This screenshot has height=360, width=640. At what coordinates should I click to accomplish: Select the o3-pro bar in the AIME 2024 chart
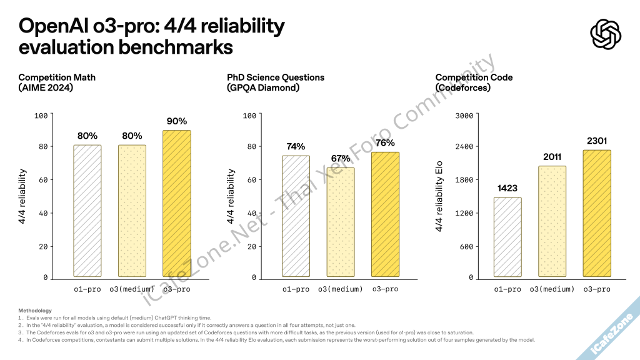point(176,203)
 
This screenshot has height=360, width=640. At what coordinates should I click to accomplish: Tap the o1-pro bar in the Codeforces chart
point(507,237)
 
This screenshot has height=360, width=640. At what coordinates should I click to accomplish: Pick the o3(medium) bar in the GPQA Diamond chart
point(340,222)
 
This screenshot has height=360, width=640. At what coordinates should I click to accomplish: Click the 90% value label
point(176,121)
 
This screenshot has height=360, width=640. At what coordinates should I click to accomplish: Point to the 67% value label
point(340,159)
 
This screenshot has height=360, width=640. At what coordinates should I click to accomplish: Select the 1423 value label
point(507,188)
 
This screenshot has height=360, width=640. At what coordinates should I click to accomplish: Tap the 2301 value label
point(596,141)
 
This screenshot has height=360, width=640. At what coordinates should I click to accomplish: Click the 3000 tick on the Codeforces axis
point(468,115)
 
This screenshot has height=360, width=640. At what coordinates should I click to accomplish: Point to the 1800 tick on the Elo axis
point(468,180)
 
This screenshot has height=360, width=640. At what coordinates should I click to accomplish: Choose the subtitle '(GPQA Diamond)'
point(263,88)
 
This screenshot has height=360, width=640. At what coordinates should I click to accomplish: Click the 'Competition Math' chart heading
point(57,77)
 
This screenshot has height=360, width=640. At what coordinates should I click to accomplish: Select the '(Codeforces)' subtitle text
point(462,88)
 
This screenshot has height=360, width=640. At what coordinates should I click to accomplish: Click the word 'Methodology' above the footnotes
point(35,311)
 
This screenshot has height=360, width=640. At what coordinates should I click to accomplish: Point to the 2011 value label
point(552,157)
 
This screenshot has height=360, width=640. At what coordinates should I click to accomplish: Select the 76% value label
point(385,143)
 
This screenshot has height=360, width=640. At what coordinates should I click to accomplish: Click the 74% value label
point(296,147)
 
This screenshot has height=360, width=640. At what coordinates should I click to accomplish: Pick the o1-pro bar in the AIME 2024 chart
point(87,211)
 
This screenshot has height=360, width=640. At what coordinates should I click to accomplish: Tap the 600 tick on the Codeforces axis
point(471,246)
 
